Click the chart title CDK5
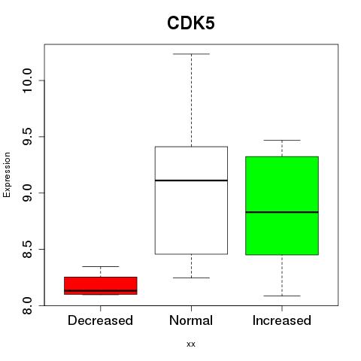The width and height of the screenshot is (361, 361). (x=191, y=23)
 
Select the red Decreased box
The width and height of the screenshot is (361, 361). (x=101, y=286)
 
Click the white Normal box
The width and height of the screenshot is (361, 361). (x=191, y=200)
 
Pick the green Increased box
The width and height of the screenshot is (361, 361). (x=282, y=205)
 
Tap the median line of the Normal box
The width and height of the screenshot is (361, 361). (x=191, y=180)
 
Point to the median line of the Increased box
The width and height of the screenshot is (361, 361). (x=282, y=212)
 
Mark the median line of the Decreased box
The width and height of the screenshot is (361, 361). (x=101, y=290)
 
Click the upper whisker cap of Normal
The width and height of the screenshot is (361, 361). (x=191, y=54)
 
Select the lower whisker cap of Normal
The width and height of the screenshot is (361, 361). (x=191, y=278)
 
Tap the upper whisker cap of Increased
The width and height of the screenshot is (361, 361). (x=282, y=140)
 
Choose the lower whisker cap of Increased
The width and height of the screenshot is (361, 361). (x=282, y=296)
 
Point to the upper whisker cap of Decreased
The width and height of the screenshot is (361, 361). (x=101, y=266)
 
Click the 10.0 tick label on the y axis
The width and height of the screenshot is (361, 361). (x=27, y=80)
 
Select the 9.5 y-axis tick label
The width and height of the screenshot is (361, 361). (x=27, y=137)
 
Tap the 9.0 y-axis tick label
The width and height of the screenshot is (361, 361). (x=27, y=193)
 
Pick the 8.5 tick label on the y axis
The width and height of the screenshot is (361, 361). (x=27, y=249)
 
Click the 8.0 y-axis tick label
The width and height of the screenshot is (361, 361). (x=27, y=305)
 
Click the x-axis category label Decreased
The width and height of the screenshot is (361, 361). (x=100, y=320)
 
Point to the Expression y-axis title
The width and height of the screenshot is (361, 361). (x=7, y=174)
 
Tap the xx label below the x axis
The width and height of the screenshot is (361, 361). (x=191, y=344)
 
